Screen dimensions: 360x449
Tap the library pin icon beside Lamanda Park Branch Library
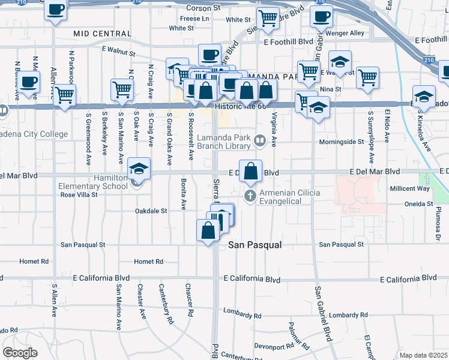tap(260, 141)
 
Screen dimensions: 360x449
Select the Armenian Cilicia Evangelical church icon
tap(251, 196)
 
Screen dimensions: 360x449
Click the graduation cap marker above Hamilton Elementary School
tap(139, 169)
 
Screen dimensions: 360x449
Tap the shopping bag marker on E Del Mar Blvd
tap(251, 170)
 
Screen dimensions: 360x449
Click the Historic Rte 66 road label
tap(240, 106)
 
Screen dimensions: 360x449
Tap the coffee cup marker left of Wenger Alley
tap(321, 16)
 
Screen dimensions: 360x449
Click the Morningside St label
tap(345, 142)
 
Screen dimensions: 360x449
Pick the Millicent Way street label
tap(409, 188)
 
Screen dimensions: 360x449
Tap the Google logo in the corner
tap(20, 352)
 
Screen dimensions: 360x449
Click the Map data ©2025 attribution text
tap(423, 355)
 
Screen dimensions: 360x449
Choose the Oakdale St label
tap(151, 211)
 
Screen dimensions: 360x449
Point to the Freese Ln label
tap(194, 19)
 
